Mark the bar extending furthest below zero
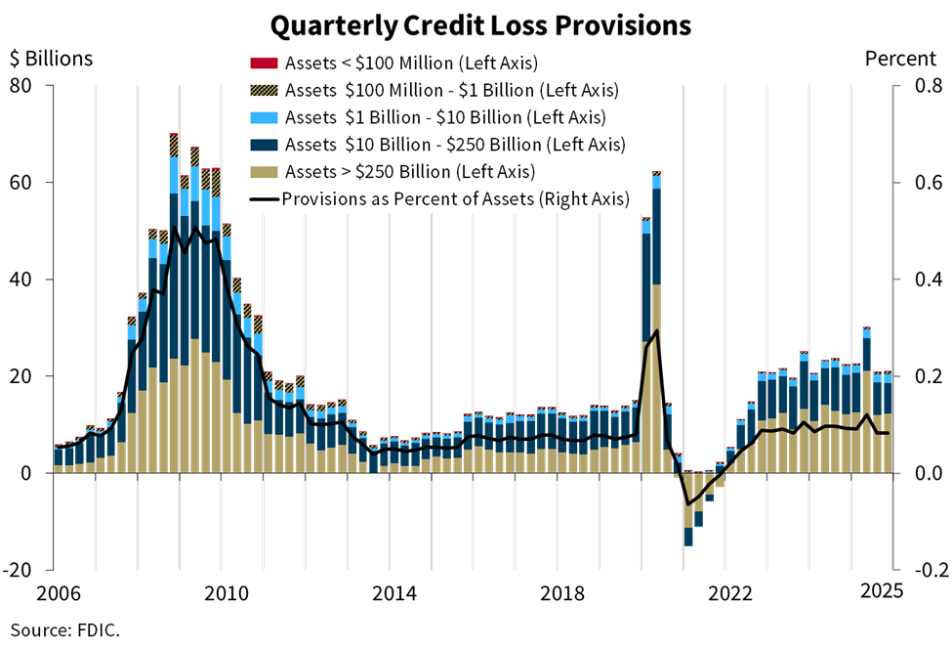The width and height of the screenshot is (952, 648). (688, 508)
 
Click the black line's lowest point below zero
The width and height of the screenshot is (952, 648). (688, 504)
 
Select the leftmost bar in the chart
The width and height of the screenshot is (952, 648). (59, 458)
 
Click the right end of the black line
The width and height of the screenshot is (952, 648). (888, 433)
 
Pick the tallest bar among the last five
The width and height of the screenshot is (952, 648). (866, 401)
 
